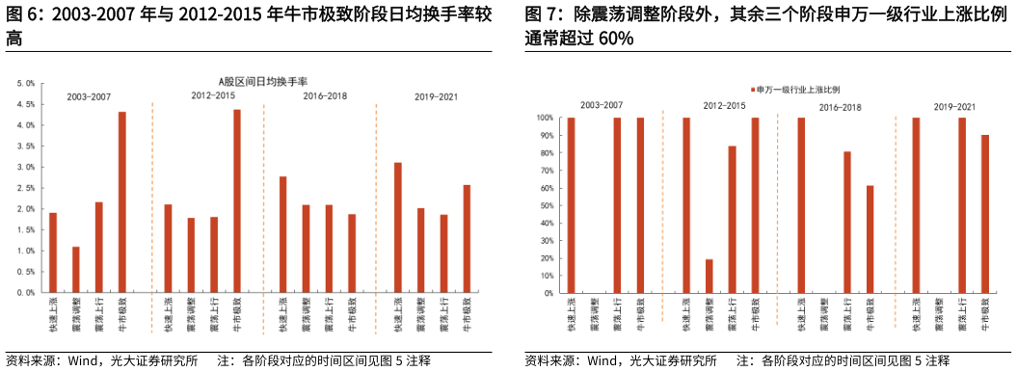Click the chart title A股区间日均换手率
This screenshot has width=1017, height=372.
pos(261,82)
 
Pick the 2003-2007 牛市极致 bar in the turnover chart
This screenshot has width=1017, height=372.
pos(121,202)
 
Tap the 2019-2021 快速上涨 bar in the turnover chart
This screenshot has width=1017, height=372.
pos(398,227)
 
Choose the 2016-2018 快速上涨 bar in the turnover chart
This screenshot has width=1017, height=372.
pos(282,234)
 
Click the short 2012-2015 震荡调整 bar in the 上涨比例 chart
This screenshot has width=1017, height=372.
pos(709,276)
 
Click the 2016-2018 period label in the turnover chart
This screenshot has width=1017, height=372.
pos(326,96)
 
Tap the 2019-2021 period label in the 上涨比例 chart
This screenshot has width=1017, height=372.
pos(954,105)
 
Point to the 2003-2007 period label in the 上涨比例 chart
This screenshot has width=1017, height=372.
pos(601,104)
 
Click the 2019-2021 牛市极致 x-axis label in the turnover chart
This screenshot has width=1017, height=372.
pos(468,316)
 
